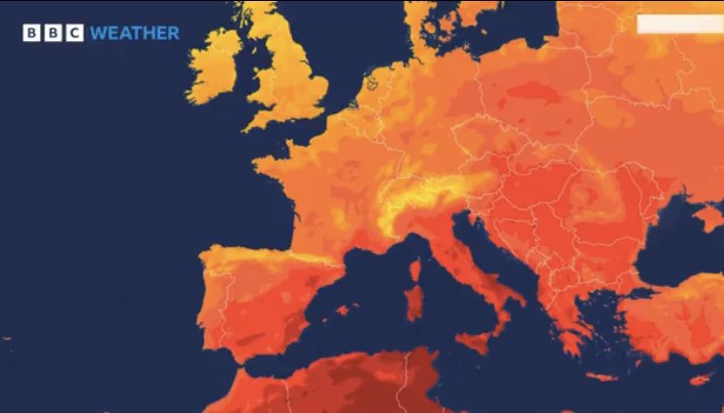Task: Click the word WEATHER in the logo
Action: coord(134,33)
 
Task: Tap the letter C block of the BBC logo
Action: coord(73,33)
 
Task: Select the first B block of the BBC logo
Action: coord(31,33)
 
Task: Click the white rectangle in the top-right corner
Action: coord(679,24)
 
